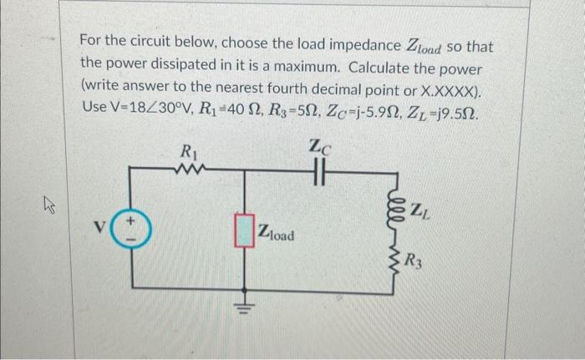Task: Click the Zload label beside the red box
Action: coord(277,235)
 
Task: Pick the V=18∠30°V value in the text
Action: coord(156,107)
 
